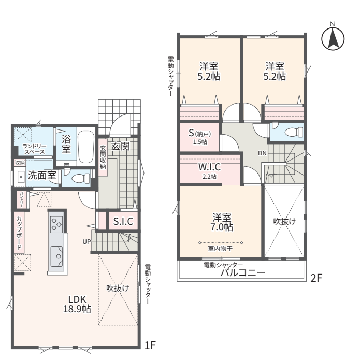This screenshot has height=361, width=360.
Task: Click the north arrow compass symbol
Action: (333, 38)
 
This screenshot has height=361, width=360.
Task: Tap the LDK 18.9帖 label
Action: (77, 305)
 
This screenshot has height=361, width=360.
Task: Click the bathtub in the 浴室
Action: (86, 147)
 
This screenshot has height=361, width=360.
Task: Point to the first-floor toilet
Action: (81, 178)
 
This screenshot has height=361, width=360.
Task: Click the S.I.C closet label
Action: (123, 221)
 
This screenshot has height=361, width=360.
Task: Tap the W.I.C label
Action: (209, 167)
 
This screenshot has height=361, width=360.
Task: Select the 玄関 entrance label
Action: (121, 146)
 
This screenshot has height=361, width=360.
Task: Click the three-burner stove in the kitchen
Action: (56, 224)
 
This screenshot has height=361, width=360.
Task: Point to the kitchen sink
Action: (56, 256)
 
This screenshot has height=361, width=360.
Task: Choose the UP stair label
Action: (87, 242)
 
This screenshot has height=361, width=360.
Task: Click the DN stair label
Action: (262, 153)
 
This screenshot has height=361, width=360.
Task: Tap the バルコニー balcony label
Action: (243, 273)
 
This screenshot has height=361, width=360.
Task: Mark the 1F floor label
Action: (150, 345)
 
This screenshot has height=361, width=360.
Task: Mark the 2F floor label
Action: (316, 278)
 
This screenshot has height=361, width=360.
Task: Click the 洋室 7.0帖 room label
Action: (222, 222)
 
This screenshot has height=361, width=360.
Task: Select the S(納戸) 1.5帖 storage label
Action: (200, 137)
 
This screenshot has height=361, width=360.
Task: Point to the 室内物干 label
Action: (220, 249)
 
